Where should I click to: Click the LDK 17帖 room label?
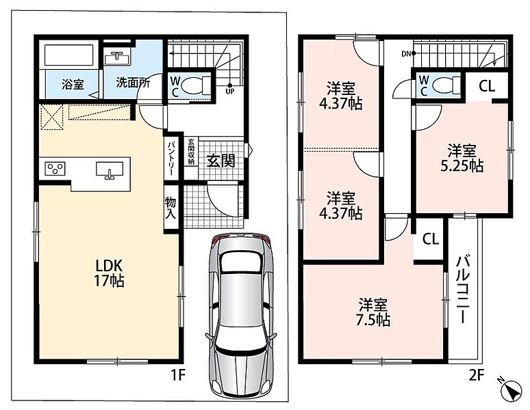click(x=109, y=273)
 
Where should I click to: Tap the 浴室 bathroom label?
click(x=73, y=84)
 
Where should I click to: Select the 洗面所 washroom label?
click(x=133, y=83)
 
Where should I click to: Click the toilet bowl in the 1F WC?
click(x=194, y=85)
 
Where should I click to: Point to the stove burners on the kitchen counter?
click(x=55, y=169)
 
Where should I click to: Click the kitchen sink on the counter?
click(x=110, y=169)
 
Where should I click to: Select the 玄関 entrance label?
click(x=220, y=161)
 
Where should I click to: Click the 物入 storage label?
click(x=171, y=208)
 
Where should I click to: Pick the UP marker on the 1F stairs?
click(x=230, y=90)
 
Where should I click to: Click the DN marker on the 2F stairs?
click(x=408, y=53)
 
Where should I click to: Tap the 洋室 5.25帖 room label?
click(x=462, y=158)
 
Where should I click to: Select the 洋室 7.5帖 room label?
click(x=373, y=312)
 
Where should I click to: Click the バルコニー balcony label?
click(x=463, y=290)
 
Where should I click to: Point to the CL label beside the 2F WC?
click(x=487, y=87)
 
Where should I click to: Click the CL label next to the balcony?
click(x=431, y=238)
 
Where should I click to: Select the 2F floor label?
click(x=477, y=376)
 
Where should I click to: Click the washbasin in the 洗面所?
click(x=117, y=58)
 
